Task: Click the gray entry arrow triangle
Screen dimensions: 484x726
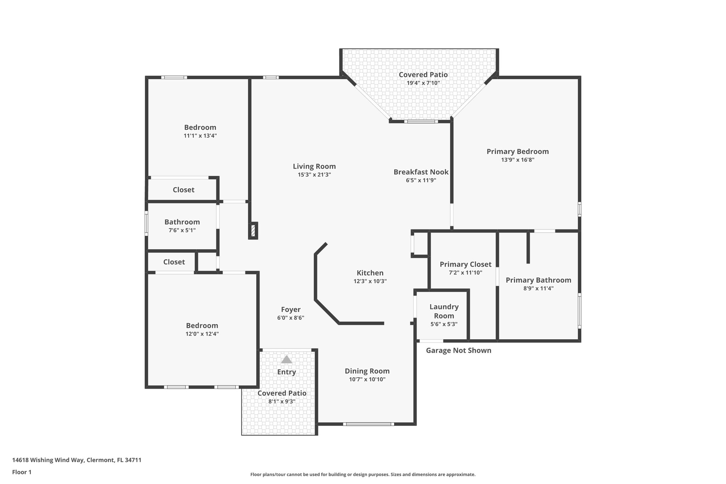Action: tap(286, 360)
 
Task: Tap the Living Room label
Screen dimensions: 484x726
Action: tap(314, 166)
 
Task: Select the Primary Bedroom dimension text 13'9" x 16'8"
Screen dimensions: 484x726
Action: tap(518, 160)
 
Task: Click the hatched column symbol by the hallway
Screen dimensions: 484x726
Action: tap(253, 231)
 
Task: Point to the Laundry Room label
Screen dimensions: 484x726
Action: tap(444, 311)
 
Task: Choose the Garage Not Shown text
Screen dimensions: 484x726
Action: tap(458, 350)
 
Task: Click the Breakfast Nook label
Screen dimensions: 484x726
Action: tap(421, 172)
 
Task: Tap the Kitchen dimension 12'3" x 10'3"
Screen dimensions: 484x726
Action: tap(370, 281)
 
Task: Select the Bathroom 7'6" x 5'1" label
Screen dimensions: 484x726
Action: tap(182, 226)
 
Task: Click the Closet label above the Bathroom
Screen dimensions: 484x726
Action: tap(183, 190)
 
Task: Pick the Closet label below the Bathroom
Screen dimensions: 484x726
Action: tap(174, 262)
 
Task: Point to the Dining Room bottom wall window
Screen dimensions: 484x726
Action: tap(368, 424)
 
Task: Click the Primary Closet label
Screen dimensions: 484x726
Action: tap(465, 264)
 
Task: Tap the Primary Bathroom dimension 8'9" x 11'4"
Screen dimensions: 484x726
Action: tap(538, 288)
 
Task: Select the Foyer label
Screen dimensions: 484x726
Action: tap(291, 310)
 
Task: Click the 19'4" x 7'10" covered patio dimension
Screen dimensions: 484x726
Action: tap(423, 83)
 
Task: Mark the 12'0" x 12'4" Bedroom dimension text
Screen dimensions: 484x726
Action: tap(202, 334)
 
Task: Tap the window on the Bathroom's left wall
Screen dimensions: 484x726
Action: tap(146, 223)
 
